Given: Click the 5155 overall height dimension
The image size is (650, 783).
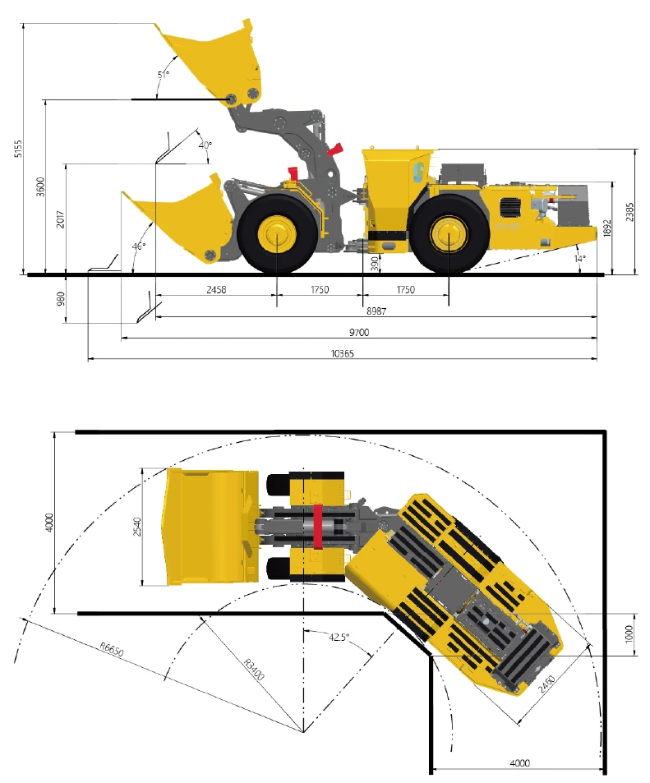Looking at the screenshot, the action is pyautogui.click(x=18, y=149).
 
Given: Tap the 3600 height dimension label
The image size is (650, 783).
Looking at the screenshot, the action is pyautogui.click(x=40, y=187).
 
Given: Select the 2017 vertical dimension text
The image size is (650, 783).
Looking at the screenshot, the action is pyautogui.click(x=61, y=219).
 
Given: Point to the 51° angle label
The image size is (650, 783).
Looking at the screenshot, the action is pyautogui.click(x=164, y=75).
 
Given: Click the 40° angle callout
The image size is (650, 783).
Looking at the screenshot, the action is pyautogui.click(x=205, y=145).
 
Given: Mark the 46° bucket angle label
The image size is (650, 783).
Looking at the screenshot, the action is pyautogui.click(x=139, y=246).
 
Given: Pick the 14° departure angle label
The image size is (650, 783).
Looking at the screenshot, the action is pyautogui.click(x=579, y=259).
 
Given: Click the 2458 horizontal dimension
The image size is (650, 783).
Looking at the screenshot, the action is pyautogui.click(x=216, y=290).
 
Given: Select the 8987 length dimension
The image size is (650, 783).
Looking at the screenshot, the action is pyautogui.click(x=376, y=311).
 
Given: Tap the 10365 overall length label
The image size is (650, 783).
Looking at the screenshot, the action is pyautogui.click(x=342, y=353).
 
